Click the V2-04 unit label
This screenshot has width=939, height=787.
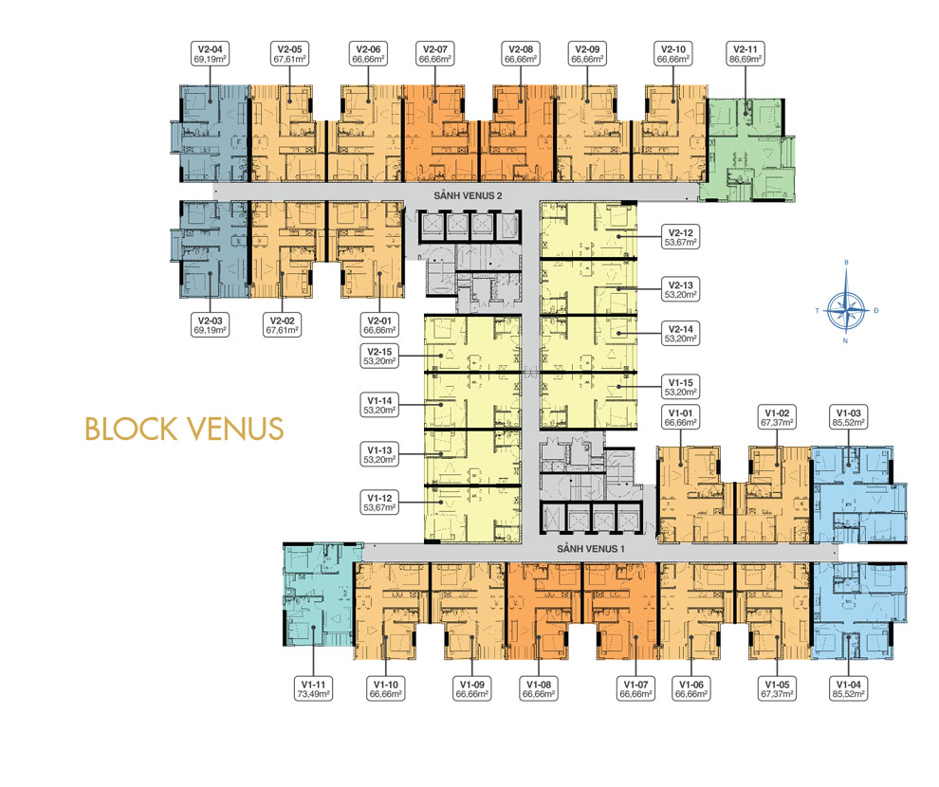click(x=210, y=54)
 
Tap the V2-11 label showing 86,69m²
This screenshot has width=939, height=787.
click(x=746, y=54)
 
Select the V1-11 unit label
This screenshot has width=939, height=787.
click(x=313, y=688)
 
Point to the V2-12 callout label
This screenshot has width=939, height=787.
click(x=680, y=238)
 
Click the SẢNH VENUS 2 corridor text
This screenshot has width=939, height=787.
click(x=468, y=195)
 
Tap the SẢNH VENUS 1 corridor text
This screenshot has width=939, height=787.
click(x=591, y=549)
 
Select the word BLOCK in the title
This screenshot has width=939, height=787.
click(x=131, y=430)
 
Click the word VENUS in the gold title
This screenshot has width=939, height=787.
click(x=235, y=430)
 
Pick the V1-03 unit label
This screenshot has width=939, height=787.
click(x=849, y=418)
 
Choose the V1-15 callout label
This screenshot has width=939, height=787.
click(x=680, y=387)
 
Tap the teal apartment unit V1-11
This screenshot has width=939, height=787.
click(x=319, y=594)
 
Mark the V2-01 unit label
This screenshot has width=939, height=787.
click(x=379, y=325)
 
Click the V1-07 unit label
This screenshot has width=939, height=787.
click(x=635, y=688)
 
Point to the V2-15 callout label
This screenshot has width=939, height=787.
click(x=379, y=357)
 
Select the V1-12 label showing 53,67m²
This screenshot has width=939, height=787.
click(x=379, y=503)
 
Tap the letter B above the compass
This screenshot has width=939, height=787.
click(x=846, y=262)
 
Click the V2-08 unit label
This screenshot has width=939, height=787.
click(x=521, y=54)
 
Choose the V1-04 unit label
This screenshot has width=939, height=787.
click(x=849, y=688)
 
